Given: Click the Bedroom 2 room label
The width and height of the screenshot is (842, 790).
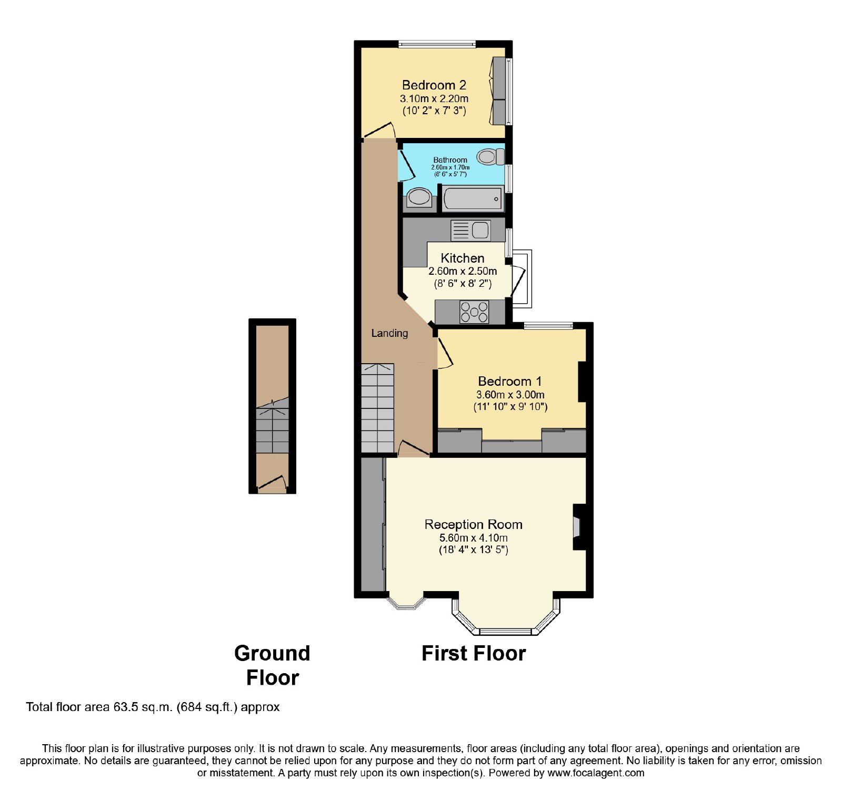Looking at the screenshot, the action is (x=434, y=85).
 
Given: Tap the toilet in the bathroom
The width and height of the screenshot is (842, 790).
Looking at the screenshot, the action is (x=491, y=156).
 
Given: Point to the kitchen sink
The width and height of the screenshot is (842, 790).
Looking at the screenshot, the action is (x=471, y=231).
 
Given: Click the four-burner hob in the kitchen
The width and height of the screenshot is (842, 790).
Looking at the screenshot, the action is (x=474, y=312).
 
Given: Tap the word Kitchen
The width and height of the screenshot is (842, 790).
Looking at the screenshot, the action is (x=463, y=258).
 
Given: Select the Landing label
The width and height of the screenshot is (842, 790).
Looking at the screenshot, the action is (x=389, y=333).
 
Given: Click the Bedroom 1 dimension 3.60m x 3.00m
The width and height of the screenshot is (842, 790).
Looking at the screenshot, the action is (x=510, y=395).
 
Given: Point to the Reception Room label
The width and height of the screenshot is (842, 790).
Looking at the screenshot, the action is (x=474, y=524).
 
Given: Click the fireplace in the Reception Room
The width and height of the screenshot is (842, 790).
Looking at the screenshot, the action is (x=578, y=527).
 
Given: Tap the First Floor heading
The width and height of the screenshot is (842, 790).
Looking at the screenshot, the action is (x=474, y=653).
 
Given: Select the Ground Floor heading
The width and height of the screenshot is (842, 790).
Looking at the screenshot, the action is (x=272, y=665).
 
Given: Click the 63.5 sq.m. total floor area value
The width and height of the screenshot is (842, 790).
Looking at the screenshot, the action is (x=143, y=707).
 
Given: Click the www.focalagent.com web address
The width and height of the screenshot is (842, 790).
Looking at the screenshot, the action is (x=596, y=773).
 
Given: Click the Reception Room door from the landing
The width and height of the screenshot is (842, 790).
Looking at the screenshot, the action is (x=413, y=448).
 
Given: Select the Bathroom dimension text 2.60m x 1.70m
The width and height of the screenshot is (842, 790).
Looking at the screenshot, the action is (x=450, y=167).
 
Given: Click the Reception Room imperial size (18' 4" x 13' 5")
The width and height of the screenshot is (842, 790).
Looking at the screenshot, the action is (x=474, y=550).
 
